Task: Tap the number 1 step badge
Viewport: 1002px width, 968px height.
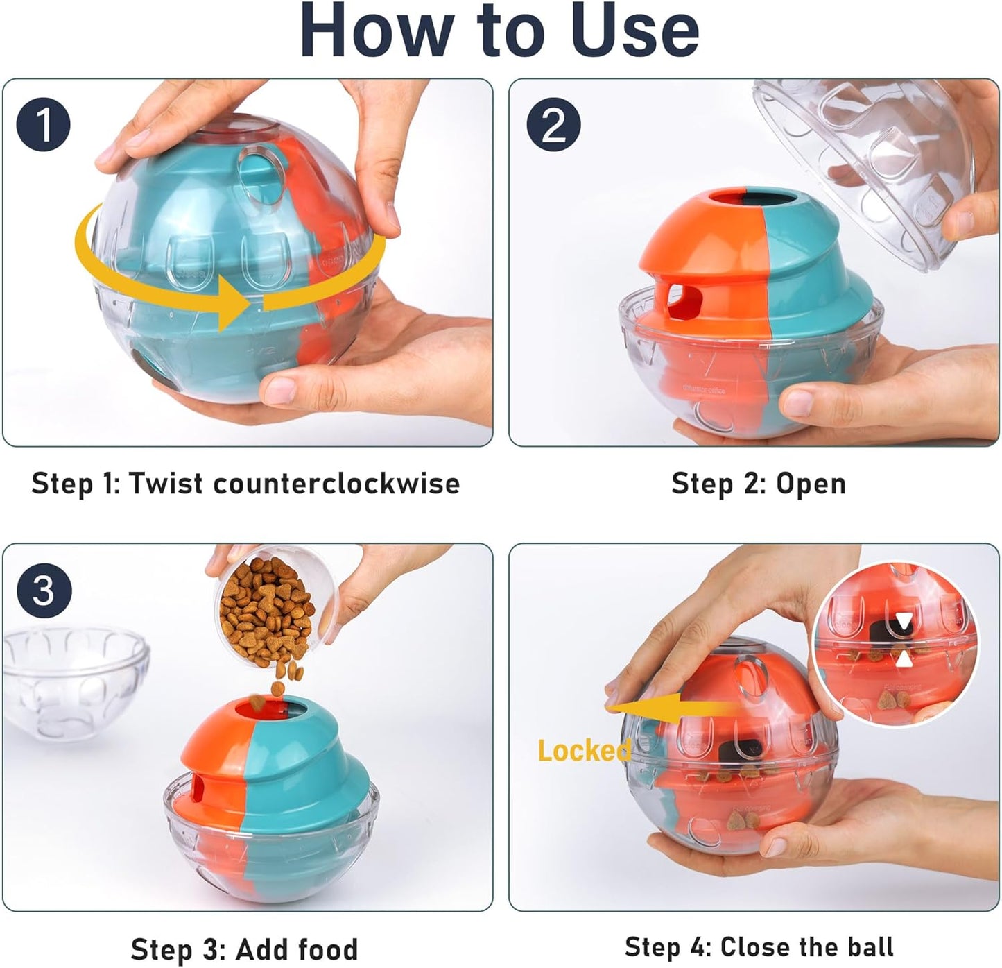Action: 43,125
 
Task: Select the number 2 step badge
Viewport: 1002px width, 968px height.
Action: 553,125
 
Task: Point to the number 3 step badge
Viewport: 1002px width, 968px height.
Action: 43,590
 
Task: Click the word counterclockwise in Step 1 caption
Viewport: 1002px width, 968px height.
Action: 336,484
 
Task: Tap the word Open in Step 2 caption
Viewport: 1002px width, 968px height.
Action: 811,484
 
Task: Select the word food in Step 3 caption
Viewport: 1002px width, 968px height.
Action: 325,949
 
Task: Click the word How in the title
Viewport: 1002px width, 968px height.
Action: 374,31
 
